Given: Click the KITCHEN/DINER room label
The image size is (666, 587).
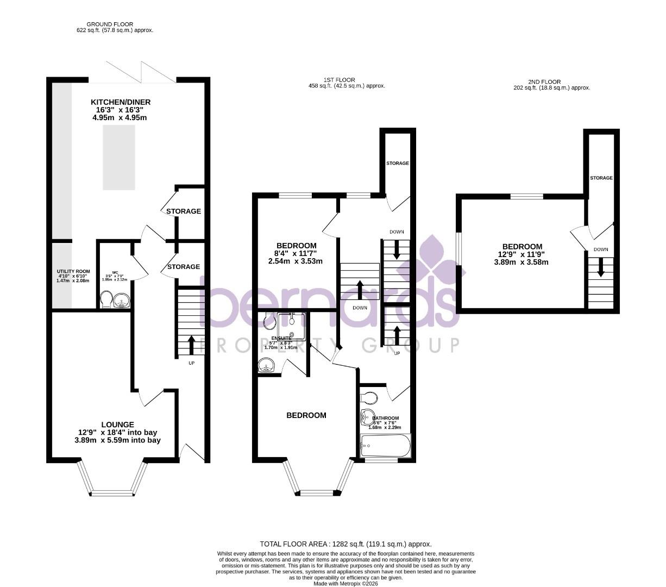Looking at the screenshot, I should pos(121,102).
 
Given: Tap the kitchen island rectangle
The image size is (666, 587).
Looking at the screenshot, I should pos(118,157).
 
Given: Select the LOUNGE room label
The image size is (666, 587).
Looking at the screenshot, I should pos(117,424).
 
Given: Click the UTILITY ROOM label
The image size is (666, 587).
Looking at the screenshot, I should pos(73,271).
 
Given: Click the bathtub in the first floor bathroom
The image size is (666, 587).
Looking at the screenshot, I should pos(386,447).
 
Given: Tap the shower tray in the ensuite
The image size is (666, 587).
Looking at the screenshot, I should pos(292,326).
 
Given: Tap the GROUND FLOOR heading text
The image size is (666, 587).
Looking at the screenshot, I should pos(110,24).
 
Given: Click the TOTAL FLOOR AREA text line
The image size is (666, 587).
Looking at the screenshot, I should pos(345,544).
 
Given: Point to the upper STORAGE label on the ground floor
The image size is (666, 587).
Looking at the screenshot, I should pos(184,211).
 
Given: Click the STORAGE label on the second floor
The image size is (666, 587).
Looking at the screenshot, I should pos(601,178).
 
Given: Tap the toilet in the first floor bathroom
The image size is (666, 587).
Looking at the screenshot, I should pos(369,397).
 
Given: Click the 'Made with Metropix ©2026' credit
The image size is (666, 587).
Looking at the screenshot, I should pos(345,584).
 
